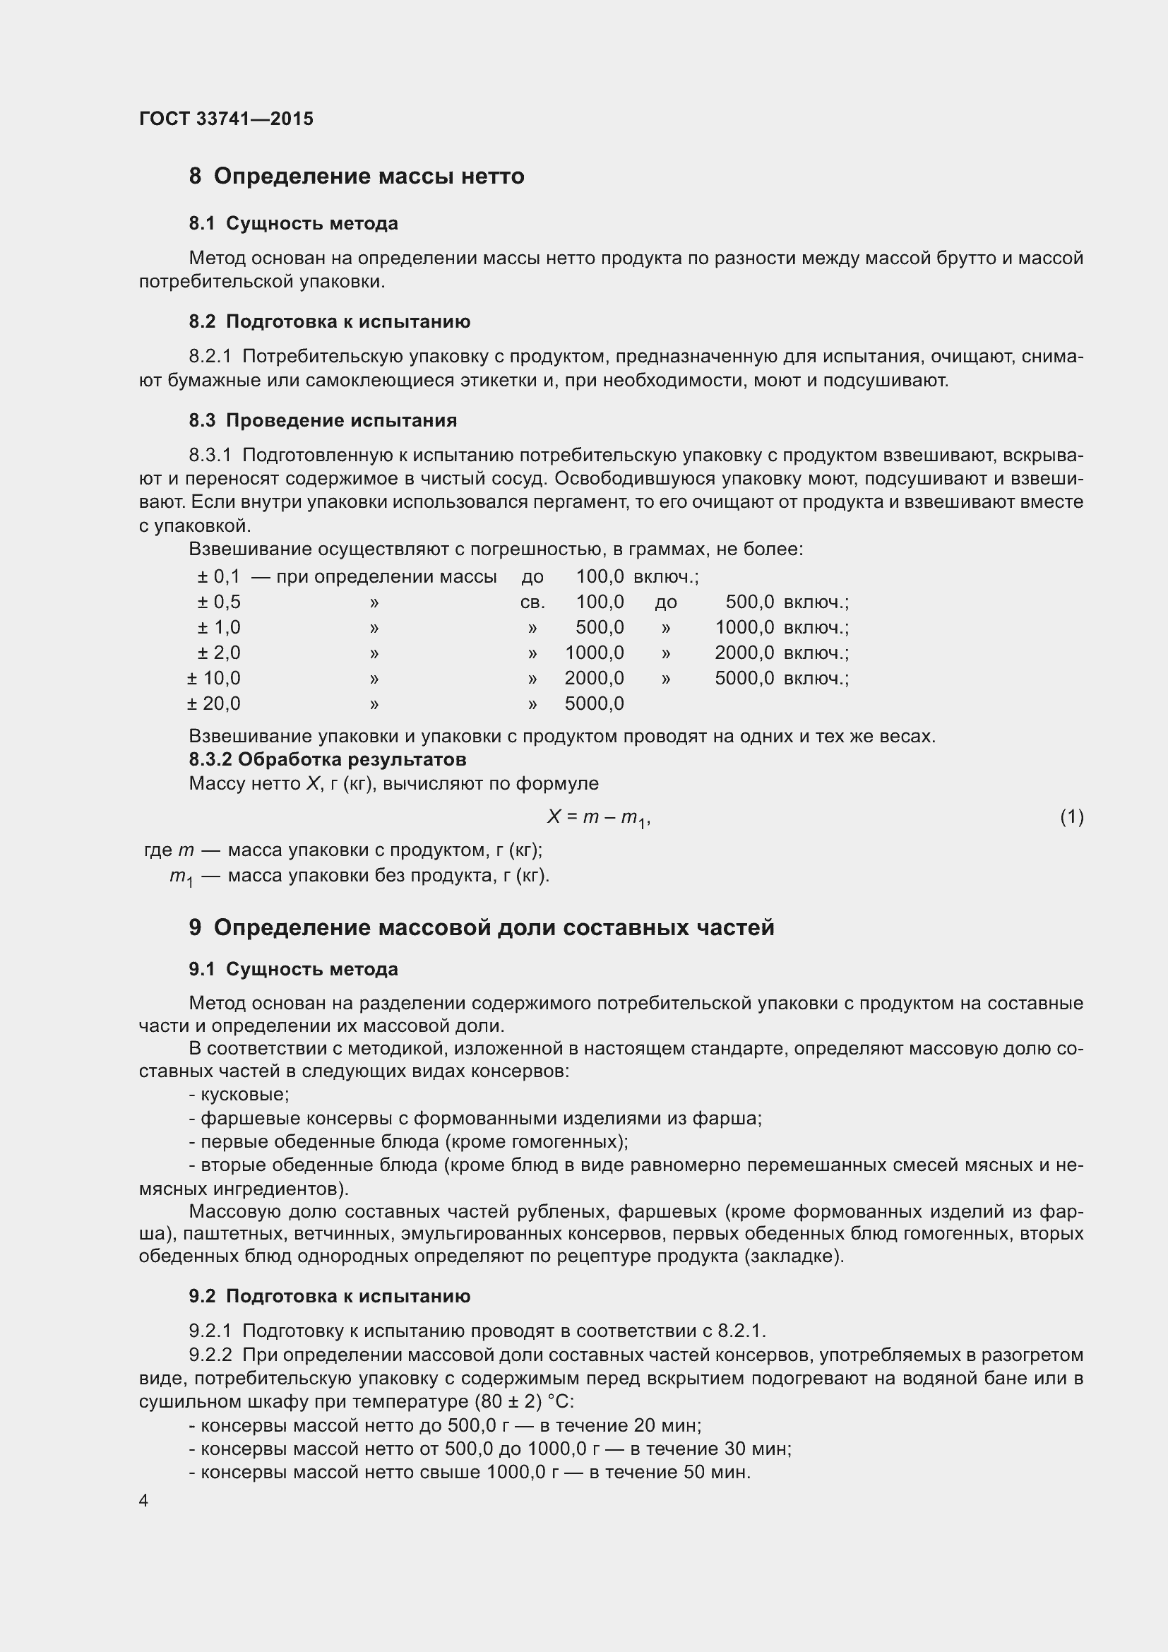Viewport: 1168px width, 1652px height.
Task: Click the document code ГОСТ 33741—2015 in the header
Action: pyautogui.click(x=226, y=119)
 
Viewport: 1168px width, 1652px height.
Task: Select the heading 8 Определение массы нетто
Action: pyautogui.click(x=356, y=177)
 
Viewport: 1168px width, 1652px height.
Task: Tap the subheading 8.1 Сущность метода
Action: pyautogui.click(x=294, y=224)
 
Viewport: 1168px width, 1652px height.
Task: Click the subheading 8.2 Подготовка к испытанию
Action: pyautogui.click(x=329, y=321)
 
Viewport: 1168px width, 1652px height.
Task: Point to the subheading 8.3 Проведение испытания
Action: pyautogui.click(x=323, y=420)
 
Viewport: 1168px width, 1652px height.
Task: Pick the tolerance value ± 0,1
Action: pyautogui.click(x=219, y=576)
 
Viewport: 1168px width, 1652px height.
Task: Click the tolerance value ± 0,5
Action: pyautogui.click(x=219, y=602)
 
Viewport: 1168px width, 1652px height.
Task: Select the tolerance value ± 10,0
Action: pyautogui.click(x=213, y=678)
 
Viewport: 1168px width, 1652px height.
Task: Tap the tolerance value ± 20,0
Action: pyautogui.click(x=213, y=703)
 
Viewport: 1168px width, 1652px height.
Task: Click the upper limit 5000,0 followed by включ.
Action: pyautogui.click(x=744, y=678)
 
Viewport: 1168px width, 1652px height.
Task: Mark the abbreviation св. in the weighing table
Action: pyautogui.click(x=532, y=602)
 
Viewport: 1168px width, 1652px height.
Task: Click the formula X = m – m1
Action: pyautogui.click(x=598, y=816)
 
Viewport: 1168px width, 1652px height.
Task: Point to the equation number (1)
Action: pyautogui.click(x=1072, y=816)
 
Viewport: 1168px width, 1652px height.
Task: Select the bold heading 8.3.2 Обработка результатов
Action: pyautogui.click(x=327, y=759)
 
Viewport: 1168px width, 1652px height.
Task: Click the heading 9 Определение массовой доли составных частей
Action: pyautogui.click(x=481, y=927)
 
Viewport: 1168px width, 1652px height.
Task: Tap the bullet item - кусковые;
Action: pyautogui.click(x=239, y=1094)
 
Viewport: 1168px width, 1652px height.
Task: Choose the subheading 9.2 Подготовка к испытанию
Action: pyautogui.click(x=329, y=1296)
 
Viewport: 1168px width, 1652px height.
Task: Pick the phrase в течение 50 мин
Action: pyautogui.click(x=669, y=1471)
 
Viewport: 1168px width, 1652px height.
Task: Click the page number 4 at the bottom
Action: pyautogui.click(x=144, y=1500)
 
